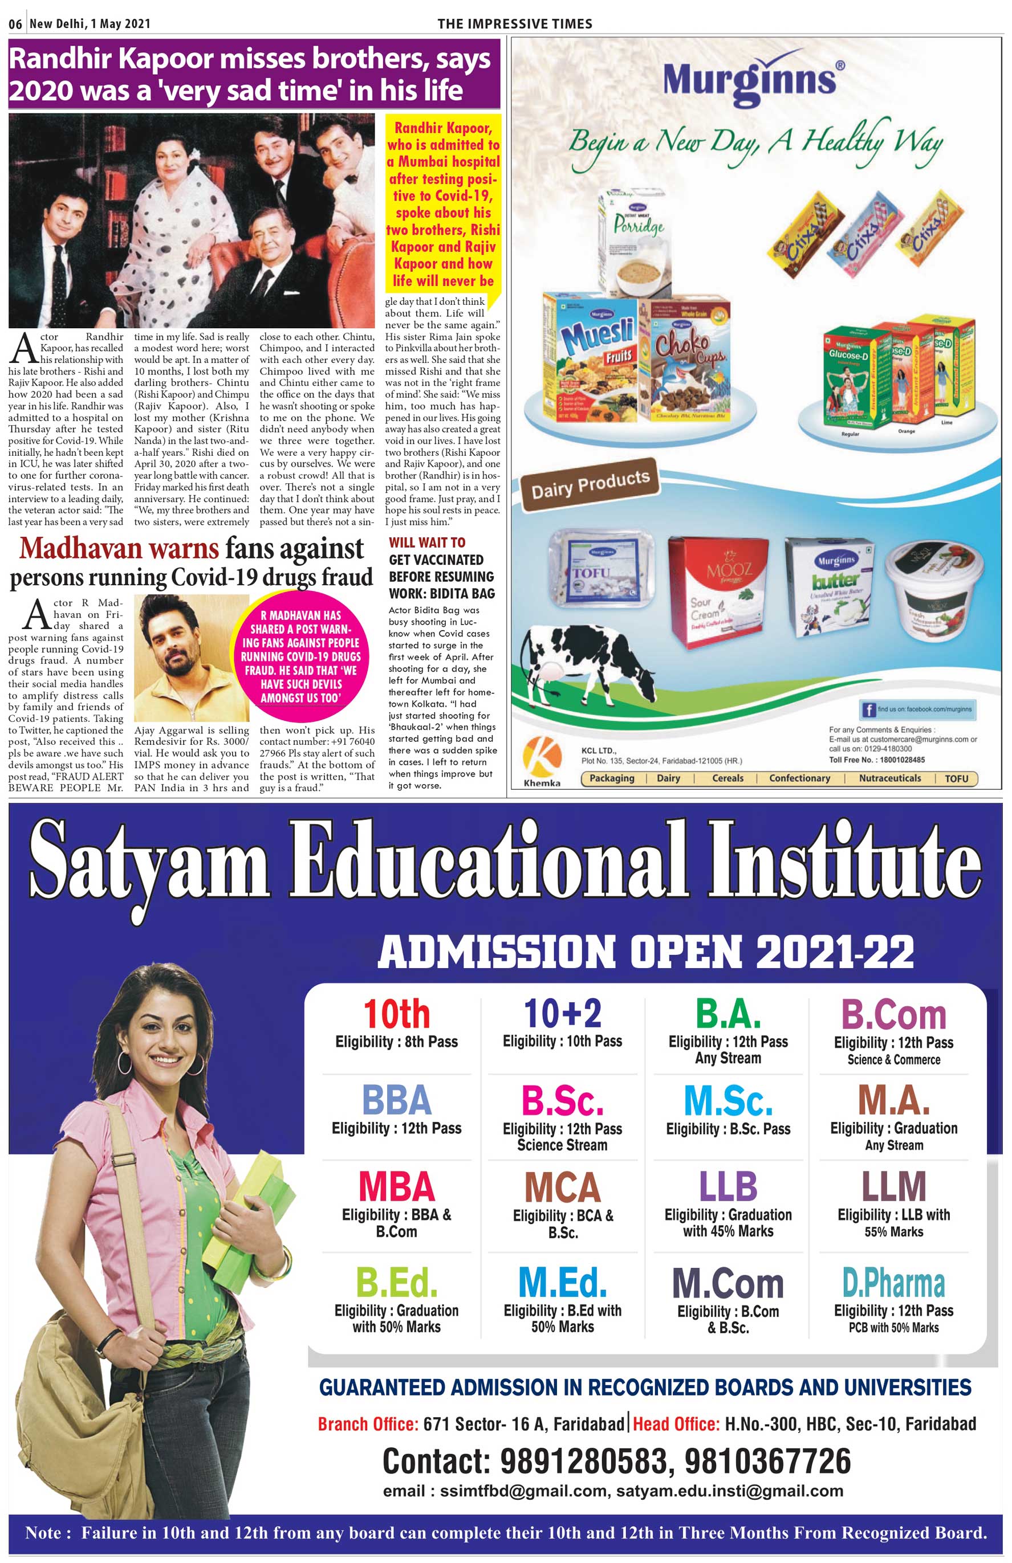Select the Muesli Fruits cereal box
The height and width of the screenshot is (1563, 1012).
(590, 358)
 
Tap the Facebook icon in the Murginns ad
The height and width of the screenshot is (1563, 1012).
(868, 709)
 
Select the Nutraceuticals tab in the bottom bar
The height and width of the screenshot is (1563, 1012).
(890, 778)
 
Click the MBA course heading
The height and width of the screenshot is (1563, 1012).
(396, 1187)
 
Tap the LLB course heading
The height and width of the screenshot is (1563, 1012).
(727, 1187)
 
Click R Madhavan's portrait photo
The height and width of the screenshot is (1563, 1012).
(191, 658)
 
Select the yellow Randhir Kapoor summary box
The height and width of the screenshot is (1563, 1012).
(443, 203)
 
